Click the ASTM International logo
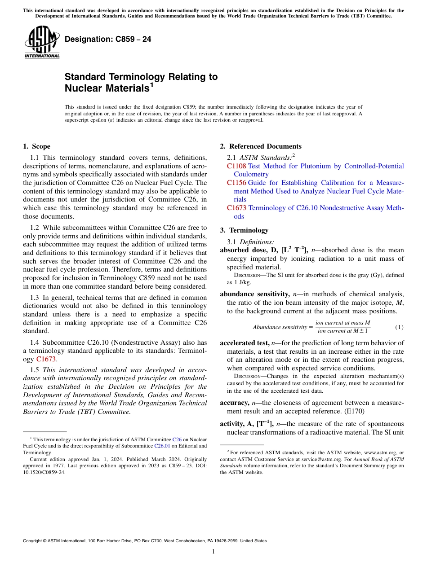click(41, 43)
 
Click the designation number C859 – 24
click(108, 39)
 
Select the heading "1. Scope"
click(36, 146)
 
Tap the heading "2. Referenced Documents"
click(261, 146)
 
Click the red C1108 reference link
click(236, 166)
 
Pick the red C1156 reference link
click(236, 183)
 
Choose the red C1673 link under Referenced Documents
click(236, 208)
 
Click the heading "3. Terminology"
click(244, 230)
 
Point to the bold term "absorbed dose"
click(241, 250)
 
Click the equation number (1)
click(399, 327)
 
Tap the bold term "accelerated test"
click(244, 343)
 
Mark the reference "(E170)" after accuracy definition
click(358, 411)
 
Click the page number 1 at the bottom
click(213, 552)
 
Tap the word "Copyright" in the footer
click(34, 541)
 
